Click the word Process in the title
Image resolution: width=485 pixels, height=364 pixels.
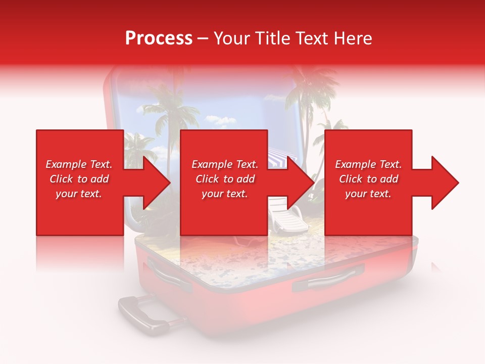pyautogui.click(x=159, y=38)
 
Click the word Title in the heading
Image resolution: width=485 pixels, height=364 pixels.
pyautogui.click(x=272, y=38)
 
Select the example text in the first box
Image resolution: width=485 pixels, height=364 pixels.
pyautogui.click(x=79, y=179)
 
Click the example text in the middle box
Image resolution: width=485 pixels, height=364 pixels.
pyautogui.click(x=225, y=179)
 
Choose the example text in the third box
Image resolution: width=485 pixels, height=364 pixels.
pyautogui.click(x=368, y=179)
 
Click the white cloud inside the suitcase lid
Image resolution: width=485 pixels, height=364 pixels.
pyautogui.click(x=219, y=120)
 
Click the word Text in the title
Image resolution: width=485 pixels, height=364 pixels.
pyautogui.click(x=311, y=38)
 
